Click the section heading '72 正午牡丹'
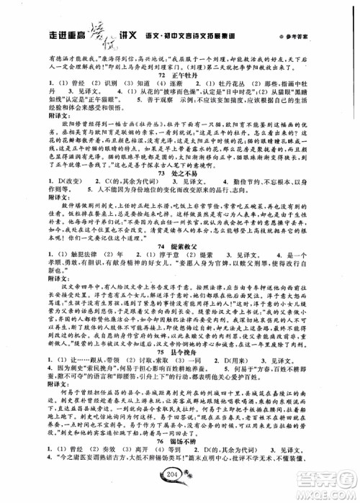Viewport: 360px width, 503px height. tap(179, 75)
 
